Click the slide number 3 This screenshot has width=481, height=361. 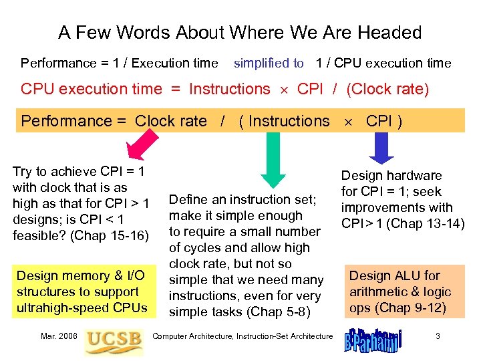pos(437,336)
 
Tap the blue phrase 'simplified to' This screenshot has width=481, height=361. pos(269,64)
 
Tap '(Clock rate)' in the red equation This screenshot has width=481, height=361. pos(387,89)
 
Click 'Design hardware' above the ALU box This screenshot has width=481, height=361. pos(391,175)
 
